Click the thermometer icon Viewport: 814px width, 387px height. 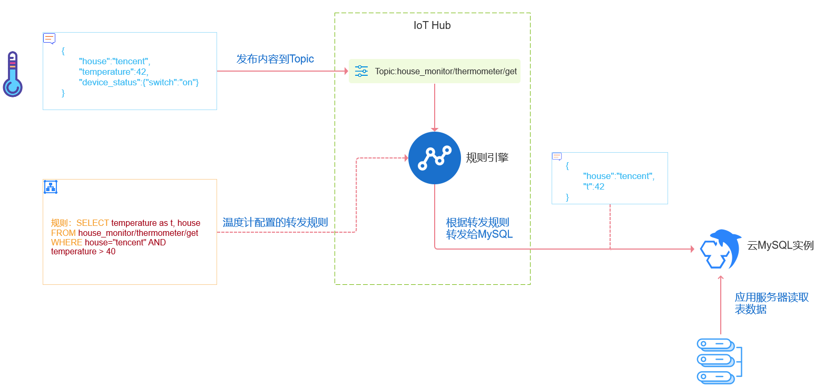click(x=13, y=74)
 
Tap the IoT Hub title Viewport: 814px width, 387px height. click(x=432, y=25)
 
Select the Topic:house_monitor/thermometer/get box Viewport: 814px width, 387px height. click(x=435, y=71)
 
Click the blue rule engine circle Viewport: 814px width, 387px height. click(x=435, y=158)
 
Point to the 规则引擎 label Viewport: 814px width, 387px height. click(x=487, y=157)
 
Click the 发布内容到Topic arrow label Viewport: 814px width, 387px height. click(x=275, y=59)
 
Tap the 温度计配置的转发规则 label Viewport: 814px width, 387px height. click(x=275, y=222)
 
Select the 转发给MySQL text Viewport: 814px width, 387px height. click(x=479, y=234)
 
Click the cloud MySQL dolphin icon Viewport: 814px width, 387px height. click(x=720, y=250)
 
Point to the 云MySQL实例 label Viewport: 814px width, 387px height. click(x=780, y=245)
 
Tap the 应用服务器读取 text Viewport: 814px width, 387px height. click(x=771, y=297)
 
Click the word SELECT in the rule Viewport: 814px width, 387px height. click(x=92, y=223)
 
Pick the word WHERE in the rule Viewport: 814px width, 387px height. click(x=66, y=242)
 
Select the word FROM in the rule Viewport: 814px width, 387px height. click(x=63, y=233)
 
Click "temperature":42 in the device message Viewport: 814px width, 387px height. click(x=113, y=72)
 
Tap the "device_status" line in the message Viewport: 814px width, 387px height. click(x=139, y=82)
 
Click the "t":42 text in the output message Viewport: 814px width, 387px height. click(x=594, y=186)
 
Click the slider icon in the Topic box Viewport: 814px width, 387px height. click(x=361, y=71)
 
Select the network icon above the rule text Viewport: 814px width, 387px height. click(x=51, y=187)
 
